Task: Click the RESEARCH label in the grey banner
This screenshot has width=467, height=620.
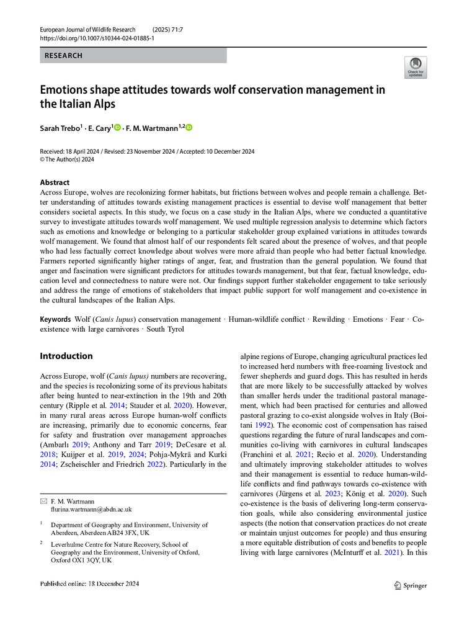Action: point(64,56)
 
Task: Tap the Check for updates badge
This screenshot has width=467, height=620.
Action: point(415,67)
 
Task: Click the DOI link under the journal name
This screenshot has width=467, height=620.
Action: point(97,38)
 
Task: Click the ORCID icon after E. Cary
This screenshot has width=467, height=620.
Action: point(117,128)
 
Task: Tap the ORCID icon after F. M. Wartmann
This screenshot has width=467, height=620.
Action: point(189,128)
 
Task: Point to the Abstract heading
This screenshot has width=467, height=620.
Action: point(55,183)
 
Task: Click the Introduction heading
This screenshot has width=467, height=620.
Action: point(66,356)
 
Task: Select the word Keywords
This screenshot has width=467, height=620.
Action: point(55,319)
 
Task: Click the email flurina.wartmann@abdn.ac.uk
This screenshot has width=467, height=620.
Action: point(91,509)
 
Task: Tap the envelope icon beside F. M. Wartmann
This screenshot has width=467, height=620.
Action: point(43,500)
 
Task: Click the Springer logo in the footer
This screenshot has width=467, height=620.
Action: point(411,585)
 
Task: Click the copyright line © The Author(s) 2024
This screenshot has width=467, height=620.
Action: point(67,159)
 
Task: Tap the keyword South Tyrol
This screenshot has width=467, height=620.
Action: point(165,329)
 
